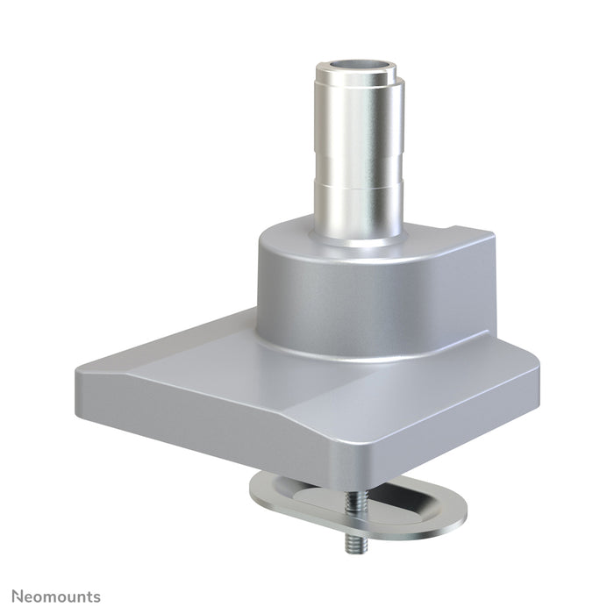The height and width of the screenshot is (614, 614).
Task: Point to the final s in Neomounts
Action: tap(96, 597)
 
